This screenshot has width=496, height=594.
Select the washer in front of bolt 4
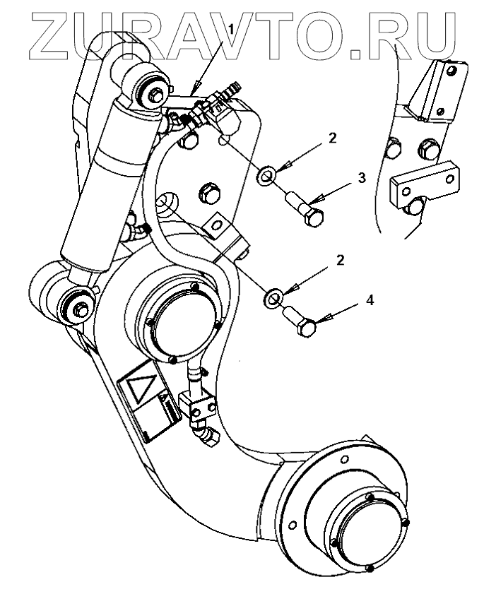tap(272, 296)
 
